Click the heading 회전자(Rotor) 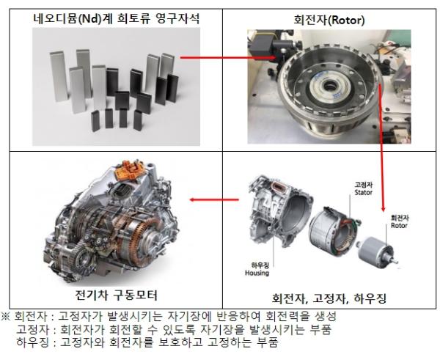(329, 21)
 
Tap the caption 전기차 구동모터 (116, 295)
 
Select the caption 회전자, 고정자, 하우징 (329, 298)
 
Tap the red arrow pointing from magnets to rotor (227, 57)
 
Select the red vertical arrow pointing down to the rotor (381, 147)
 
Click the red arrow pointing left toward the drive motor (214, 199)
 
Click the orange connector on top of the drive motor (129, 170)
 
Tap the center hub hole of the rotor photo (328, 85)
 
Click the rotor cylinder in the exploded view (376, 252)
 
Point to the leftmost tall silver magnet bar (59, 76)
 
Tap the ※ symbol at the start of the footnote (6, 316)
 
